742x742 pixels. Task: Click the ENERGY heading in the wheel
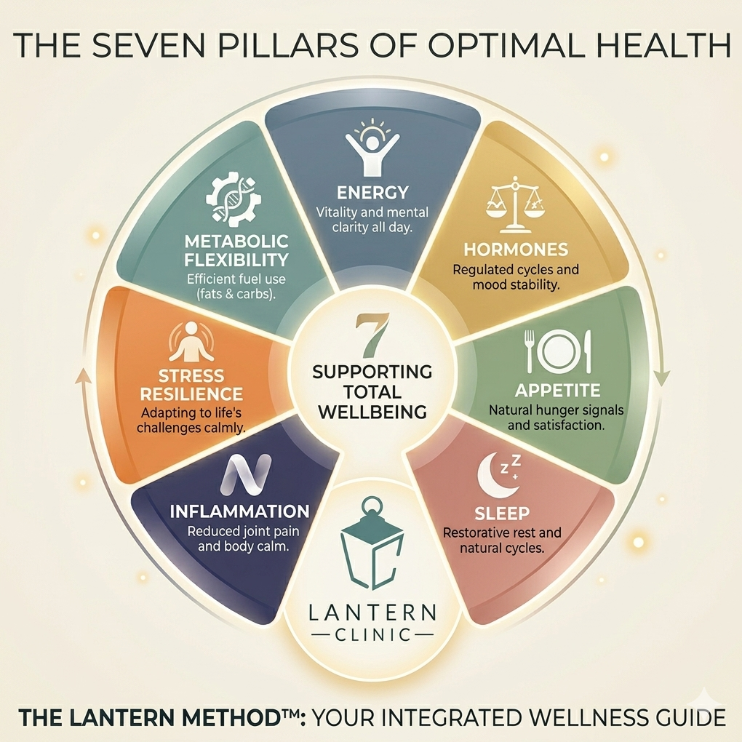pos(372,194)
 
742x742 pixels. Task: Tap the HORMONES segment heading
pos(515,250)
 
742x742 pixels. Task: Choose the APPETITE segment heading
pos(557,389)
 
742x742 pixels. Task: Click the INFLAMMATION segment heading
pos(239,511)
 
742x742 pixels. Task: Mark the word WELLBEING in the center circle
pos(372,412)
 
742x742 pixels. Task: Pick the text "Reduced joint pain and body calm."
pos(239,538)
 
